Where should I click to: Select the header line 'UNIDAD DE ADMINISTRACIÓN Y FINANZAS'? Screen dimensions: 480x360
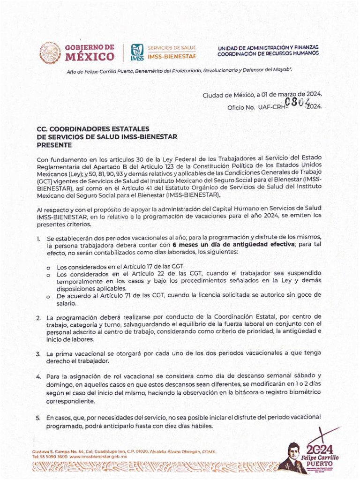pos(268,48)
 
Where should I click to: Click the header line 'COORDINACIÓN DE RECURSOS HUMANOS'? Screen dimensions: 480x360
pos(268,53)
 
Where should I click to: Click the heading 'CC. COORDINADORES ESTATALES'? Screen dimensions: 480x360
pos(93,128)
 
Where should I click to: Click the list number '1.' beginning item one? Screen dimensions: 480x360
pos(38,239)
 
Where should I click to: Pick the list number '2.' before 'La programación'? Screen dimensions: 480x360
pos(38,318)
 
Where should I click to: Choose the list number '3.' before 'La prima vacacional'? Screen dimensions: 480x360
pos(38,354)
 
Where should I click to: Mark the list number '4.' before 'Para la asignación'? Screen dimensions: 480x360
pos(38,376)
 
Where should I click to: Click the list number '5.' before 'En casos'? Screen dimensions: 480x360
pos(38,417)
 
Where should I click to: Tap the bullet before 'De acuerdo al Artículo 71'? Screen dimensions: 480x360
pos(49,296)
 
